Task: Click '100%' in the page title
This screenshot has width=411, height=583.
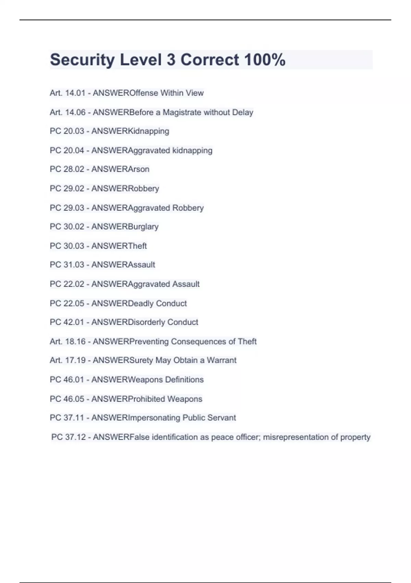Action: coord(265,60)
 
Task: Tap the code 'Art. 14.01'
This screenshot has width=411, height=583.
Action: coord(67,93)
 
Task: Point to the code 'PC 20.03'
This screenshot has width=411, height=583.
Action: coord(67,131)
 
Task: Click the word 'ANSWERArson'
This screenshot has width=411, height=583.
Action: coord(120,169)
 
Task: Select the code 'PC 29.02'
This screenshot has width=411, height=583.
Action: coord(67,188)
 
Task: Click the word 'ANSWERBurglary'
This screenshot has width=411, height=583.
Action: coord(125,227)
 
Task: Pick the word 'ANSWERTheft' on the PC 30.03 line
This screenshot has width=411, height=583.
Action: coord(119,246)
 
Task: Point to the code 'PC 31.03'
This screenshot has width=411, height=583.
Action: coord(67,265)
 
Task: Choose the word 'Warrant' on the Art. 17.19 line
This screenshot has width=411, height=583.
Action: coord(222,360)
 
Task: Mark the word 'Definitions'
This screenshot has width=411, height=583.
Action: coord(184,380)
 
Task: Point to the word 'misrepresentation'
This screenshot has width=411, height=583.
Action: coord(295,437)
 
